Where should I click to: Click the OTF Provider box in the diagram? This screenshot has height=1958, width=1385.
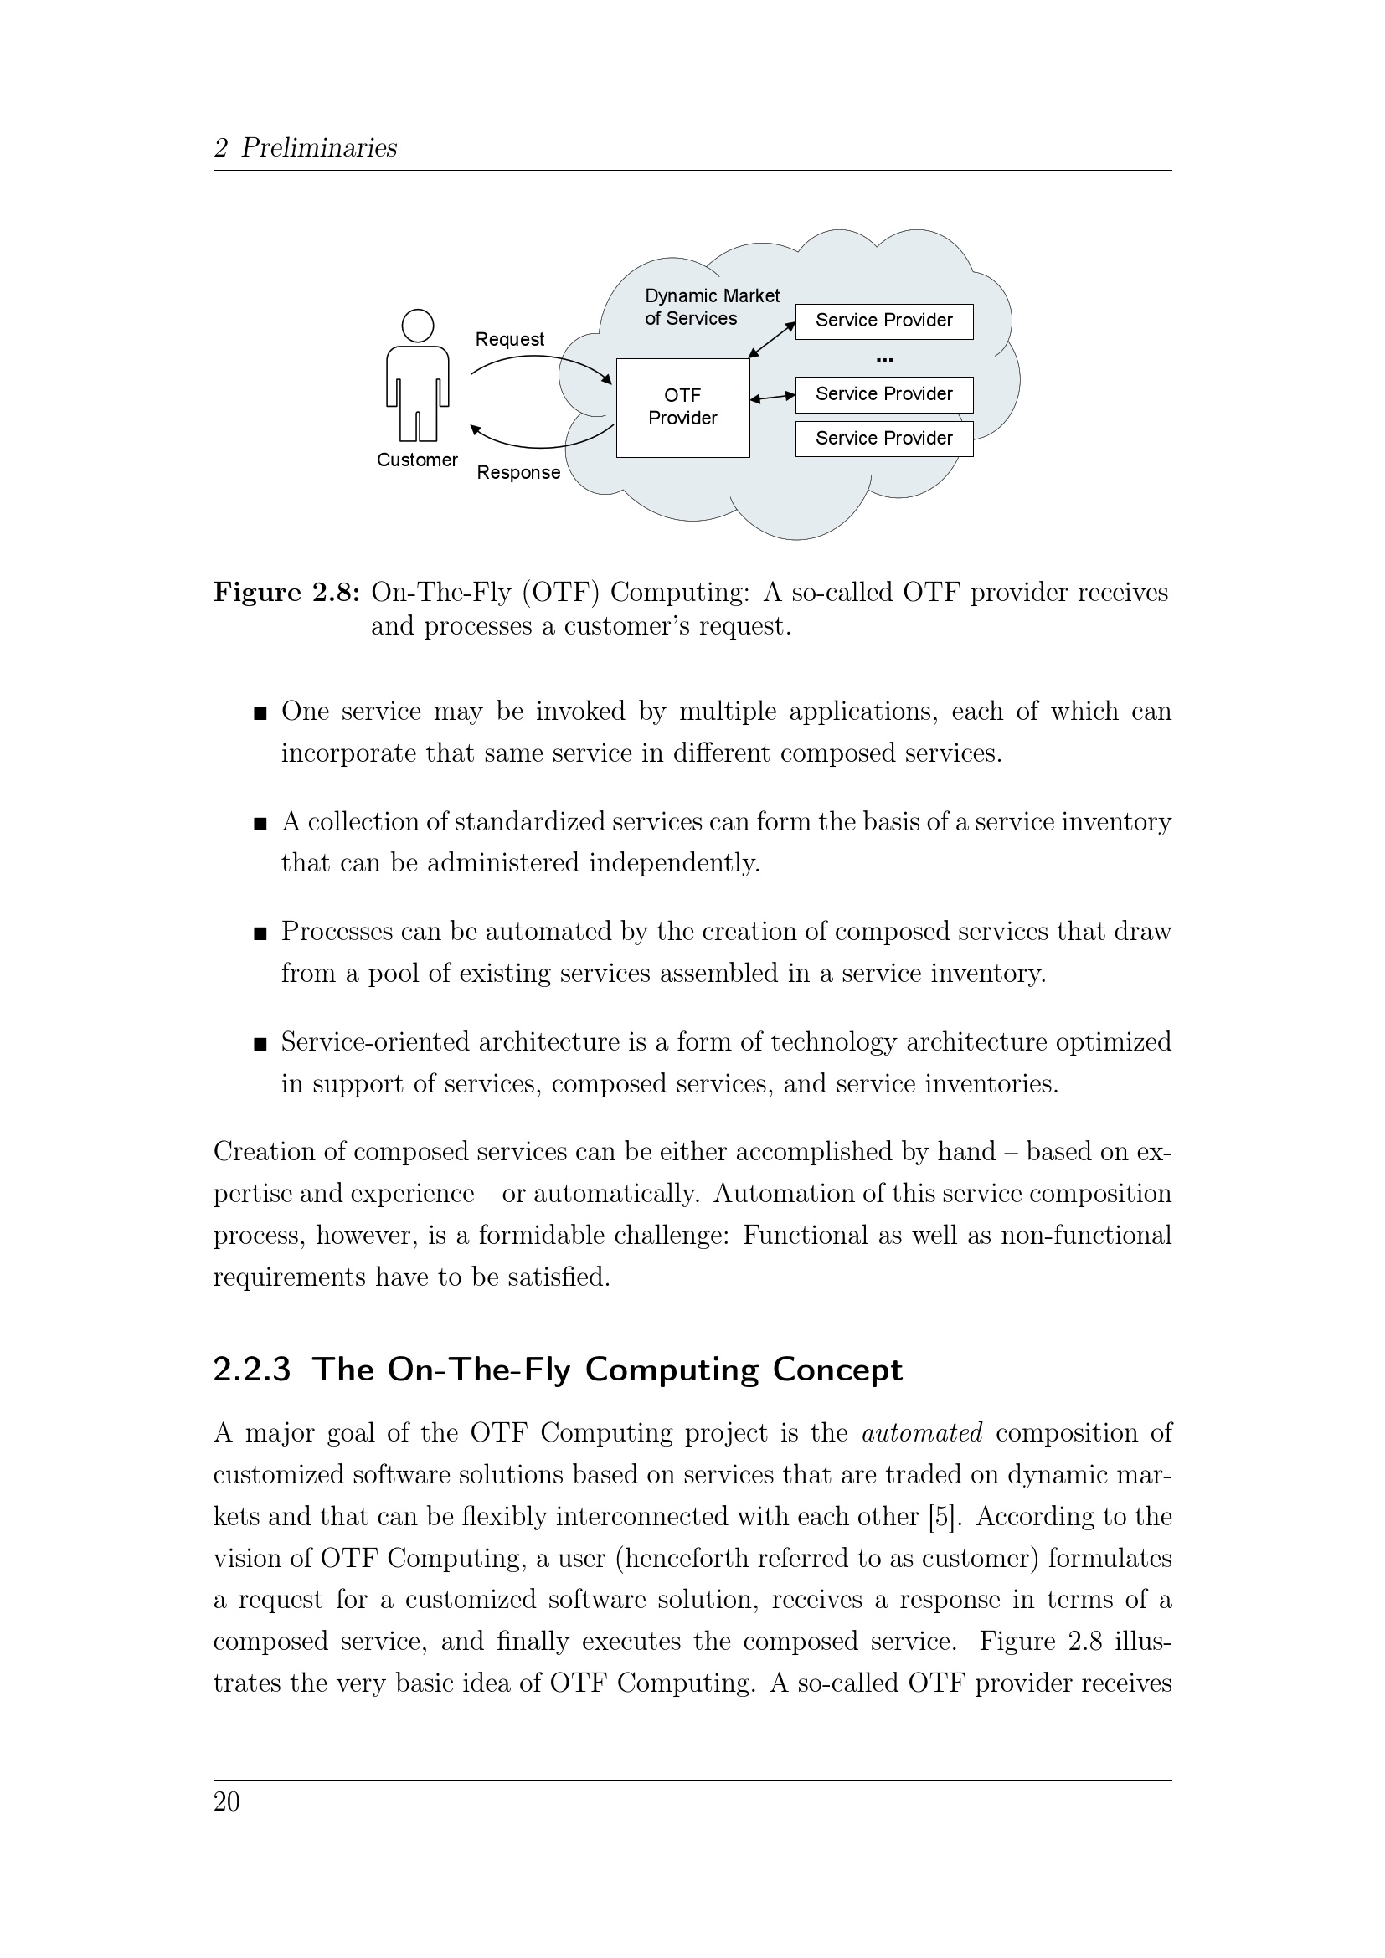pyautogui.click(x=682, y=408)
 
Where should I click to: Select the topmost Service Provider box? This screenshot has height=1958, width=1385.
pyautogui.click(x=883, y=321)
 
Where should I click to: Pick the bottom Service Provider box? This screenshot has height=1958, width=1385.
pyautogui.click(x=883, y=439)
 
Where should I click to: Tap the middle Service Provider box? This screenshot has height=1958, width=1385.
pyautogui.click(x=883, y=394)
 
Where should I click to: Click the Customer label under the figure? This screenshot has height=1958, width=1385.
pyautogui.click(x=417, y=460)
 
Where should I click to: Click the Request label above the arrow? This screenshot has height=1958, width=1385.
pyautogui.click(x=509, y=339)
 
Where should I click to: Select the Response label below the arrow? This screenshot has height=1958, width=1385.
pyautogui.click(x=518, y=472)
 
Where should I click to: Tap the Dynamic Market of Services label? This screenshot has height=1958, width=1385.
pyautogui.click(x=711, y=307)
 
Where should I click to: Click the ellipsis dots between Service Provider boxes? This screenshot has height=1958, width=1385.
pyautogui.click(x=883, y=360)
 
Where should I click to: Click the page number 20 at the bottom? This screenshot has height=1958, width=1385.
pyautogui.click(x=227, y=1802)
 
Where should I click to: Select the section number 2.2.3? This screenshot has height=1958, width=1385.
pyautogui.click(x=252, y=1370)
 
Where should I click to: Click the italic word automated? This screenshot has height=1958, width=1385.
pyautogui.click(x=922, y=1433)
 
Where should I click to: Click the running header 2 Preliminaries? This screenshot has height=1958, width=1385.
pyautogui.click(x=306, y=147)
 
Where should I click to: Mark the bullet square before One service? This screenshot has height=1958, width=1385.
pyautogui.click(x=260, y=713)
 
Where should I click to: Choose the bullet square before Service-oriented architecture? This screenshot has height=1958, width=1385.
pyautogui.click(x=260, y=1043)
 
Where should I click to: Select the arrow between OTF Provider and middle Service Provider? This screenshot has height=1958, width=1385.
pyautogui.click(x=773, y=397)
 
